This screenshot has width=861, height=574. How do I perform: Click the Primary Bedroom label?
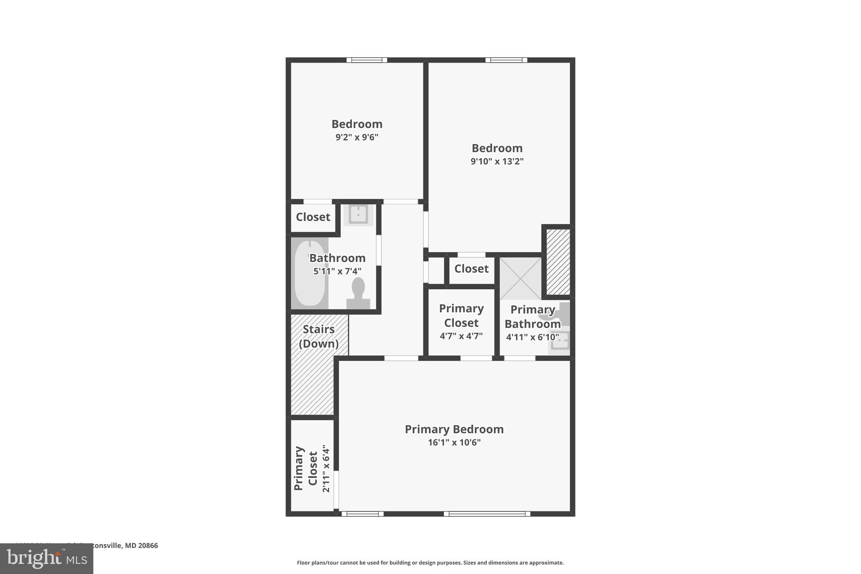point(454,429)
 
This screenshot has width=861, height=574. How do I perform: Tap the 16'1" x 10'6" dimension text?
point(454,442)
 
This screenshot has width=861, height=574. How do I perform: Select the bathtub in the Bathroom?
point(310,273)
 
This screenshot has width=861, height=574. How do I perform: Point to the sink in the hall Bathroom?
point(358,214)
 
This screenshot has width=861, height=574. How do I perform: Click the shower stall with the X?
point(520,278)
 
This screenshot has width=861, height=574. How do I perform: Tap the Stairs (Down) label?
point(319,336)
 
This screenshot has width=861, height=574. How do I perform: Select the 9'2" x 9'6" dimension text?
point(357,137)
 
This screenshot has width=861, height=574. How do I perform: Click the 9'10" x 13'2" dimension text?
point(497,161)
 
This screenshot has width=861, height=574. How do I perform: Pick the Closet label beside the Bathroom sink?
point(313,217)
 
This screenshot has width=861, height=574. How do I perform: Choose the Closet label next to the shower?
point(471,269)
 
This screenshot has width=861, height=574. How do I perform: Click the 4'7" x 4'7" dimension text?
point(461,336)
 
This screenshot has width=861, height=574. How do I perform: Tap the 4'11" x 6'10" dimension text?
point(533,337)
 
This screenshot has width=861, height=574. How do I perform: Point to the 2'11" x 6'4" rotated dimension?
point(326,468)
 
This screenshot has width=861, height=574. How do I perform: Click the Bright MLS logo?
point(47,558)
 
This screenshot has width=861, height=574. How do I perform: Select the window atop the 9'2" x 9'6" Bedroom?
point(367,60)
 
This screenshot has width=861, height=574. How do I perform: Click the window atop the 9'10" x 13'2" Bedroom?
point(506,60)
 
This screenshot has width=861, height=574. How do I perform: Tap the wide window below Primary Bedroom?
point(487,513)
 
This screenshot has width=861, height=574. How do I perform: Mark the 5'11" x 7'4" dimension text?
point(337,271)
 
